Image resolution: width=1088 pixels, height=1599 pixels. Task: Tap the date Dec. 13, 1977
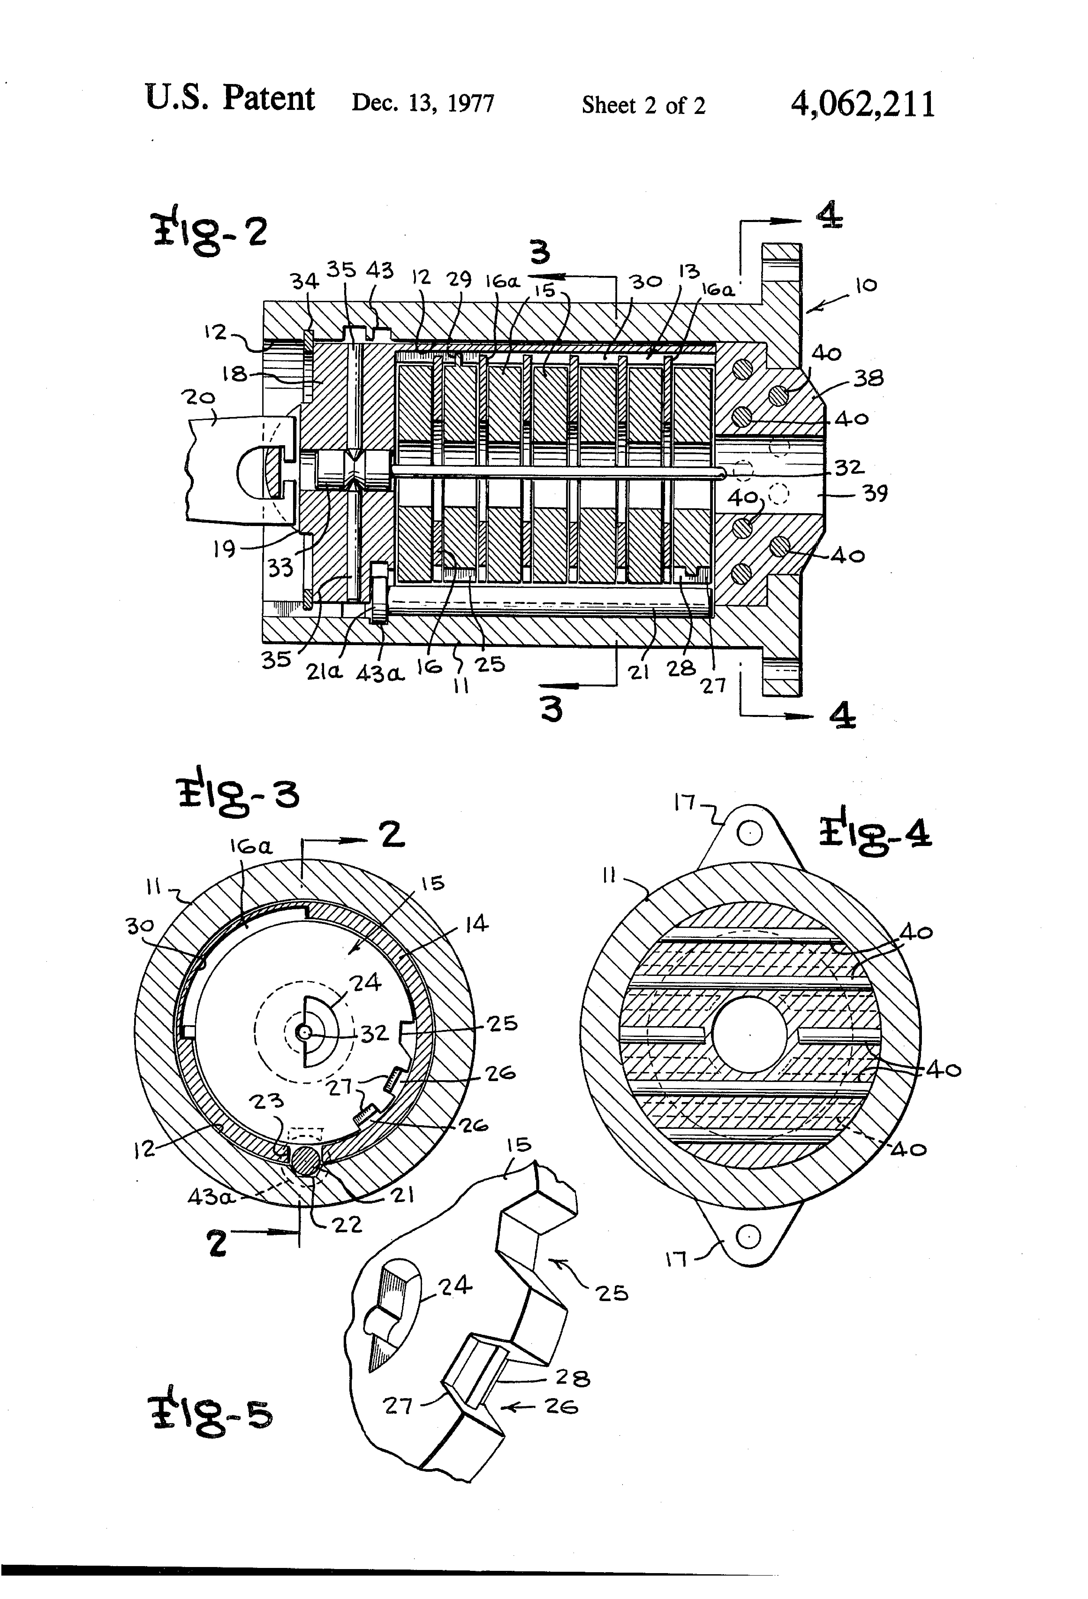[423, 103]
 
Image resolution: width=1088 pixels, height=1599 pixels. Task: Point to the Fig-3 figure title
[237, 793]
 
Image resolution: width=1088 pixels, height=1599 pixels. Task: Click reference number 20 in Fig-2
[198, 398]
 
